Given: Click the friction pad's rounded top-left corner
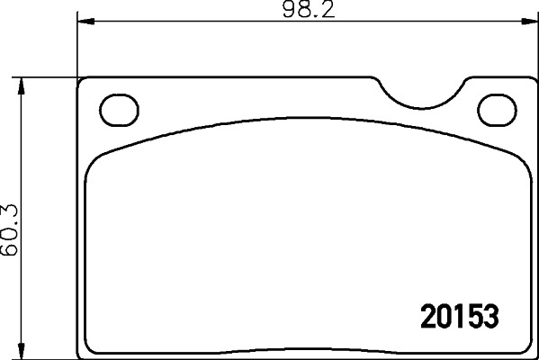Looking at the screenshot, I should point(94,162).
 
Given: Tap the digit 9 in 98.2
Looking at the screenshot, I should point(290,11).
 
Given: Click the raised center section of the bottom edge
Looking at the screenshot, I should point(306,347).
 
